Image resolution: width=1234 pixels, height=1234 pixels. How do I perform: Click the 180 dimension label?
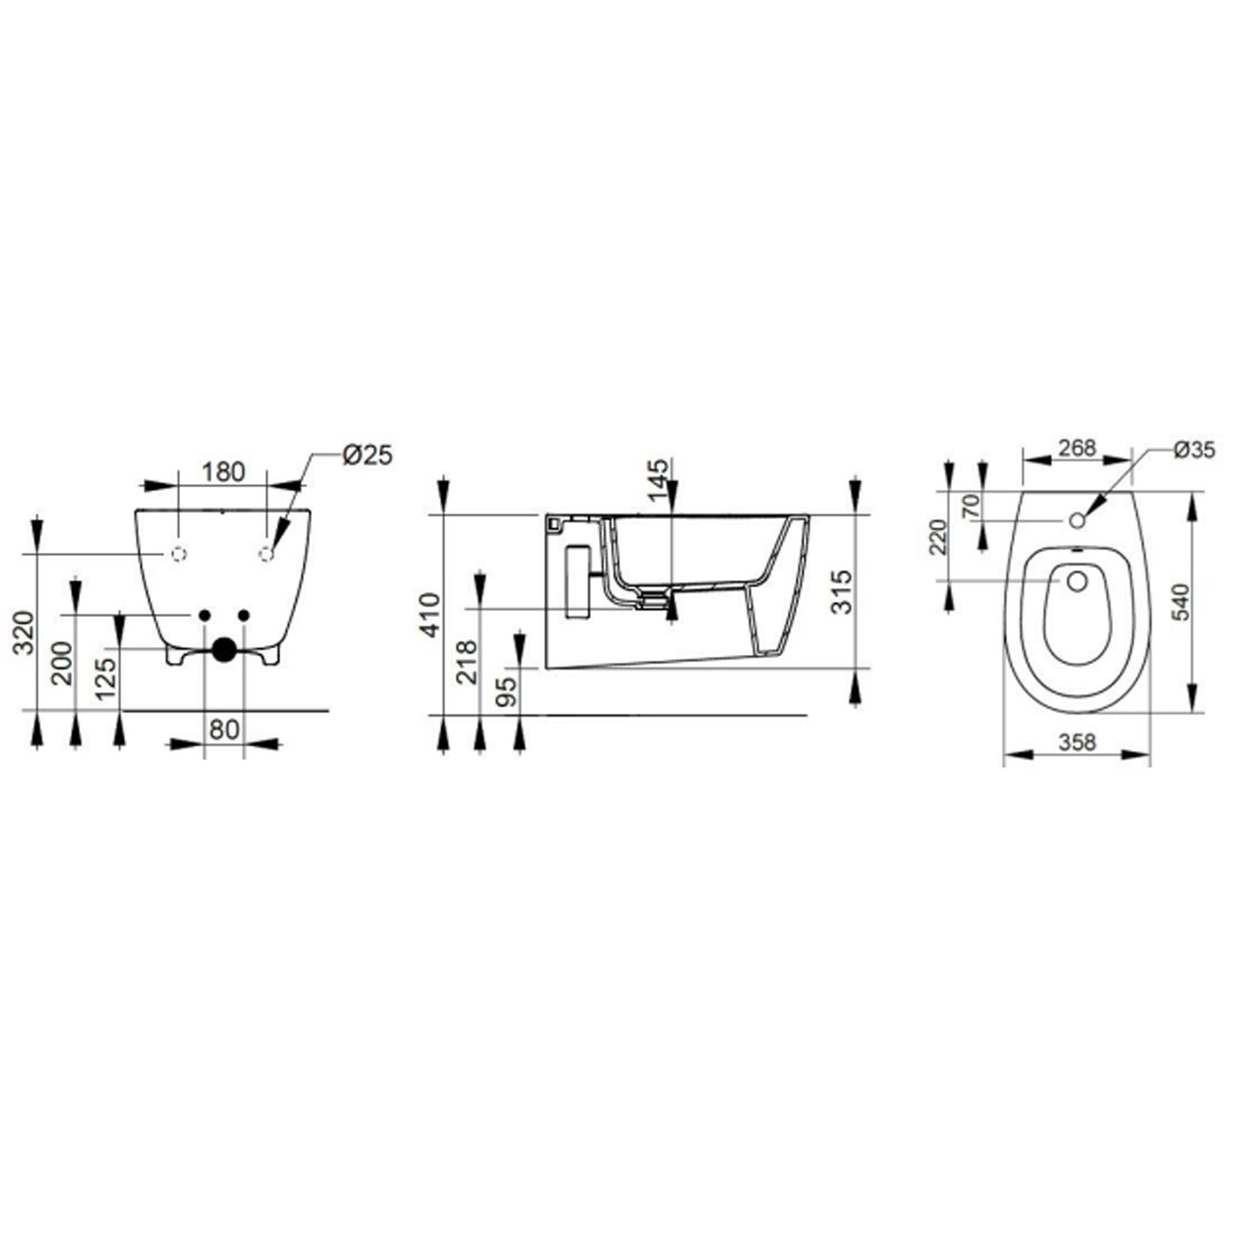[x=224, y=472]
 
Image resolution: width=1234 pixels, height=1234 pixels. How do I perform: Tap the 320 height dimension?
[x=26, y=632]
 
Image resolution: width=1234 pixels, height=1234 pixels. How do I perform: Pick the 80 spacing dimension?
[x=224, y=729]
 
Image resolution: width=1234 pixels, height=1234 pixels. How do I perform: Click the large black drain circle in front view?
[x=224, y=650]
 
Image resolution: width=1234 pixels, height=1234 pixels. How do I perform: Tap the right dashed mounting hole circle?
[x=266, y=554]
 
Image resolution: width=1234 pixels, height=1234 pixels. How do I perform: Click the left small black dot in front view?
[x=205, y=615]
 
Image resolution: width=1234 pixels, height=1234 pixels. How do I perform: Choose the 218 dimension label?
[x=467, y=661]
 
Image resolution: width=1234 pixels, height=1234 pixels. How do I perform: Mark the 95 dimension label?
[x=508, y=690]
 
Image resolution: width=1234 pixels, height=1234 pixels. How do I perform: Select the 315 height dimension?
[x=839, y=591]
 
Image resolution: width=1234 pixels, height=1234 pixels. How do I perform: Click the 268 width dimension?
[x=1077, y=448]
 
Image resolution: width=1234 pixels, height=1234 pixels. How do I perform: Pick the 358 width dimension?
[x=1077, y=741]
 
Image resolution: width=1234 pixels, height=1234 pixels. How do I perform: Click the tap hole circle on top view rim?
[x=1078, y=520]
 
